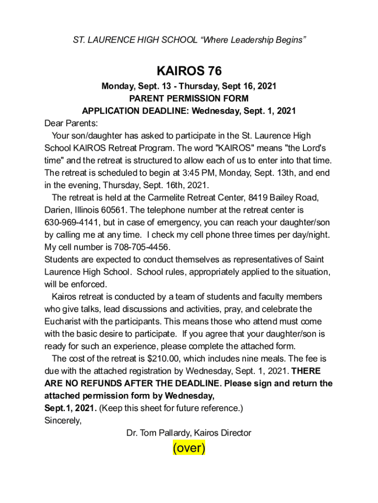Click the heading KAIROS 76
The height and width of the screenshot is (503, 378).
[189, 71]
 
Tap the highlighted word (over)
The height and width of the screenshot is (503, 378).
[189, 448]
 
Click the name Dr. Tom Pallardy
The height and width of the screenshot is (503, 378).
[157, 433]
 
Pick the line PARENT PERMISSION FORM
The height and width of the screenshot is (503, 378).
[189, 98]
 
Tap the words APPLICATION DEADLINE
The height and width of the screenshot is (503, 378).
[132, 111]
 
